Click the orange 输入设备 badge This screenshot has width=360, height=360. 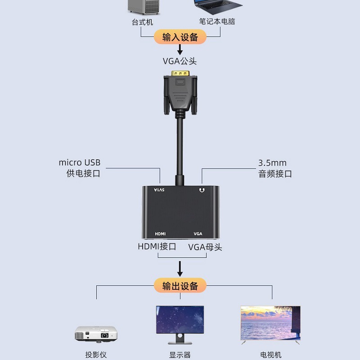click(x=180, y=37)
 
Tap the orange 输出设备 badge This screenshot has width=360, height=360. click(x=180, y=285)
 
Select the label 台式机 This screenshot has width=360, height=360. click(x=143, y=22)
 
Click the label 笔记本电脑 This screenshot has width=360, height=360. click(x=217, y=21)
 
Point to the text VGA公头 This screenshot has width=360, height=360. click(x=180, y=61)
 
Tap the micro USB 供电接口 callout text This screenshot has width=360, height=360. click(x=80, y=168)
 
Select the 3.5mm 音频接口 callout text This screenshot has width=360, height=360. click(x=275, y=168)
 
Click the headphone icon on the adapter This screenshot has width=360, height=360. click(x=201, y=190)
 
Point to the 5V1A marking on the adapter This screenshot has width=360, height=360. click(x=160, y=190)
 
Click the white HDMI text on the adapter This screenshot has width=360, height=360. click(x=160, y=234)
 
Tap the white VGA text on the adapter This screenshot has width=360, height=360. click(x=198, y=234)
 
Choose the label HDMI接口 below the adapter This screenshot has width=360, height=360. click(x=157, y=247)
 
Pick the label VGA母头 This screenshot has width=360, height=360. click(x=205, y=247)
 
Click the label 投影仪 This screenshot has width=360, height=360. click(x=96, y=355)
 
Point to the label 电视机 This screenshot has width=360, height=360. click(x=270, y=355)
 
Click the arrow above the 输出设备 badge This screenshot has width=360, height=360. click(x=180, y=269)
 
